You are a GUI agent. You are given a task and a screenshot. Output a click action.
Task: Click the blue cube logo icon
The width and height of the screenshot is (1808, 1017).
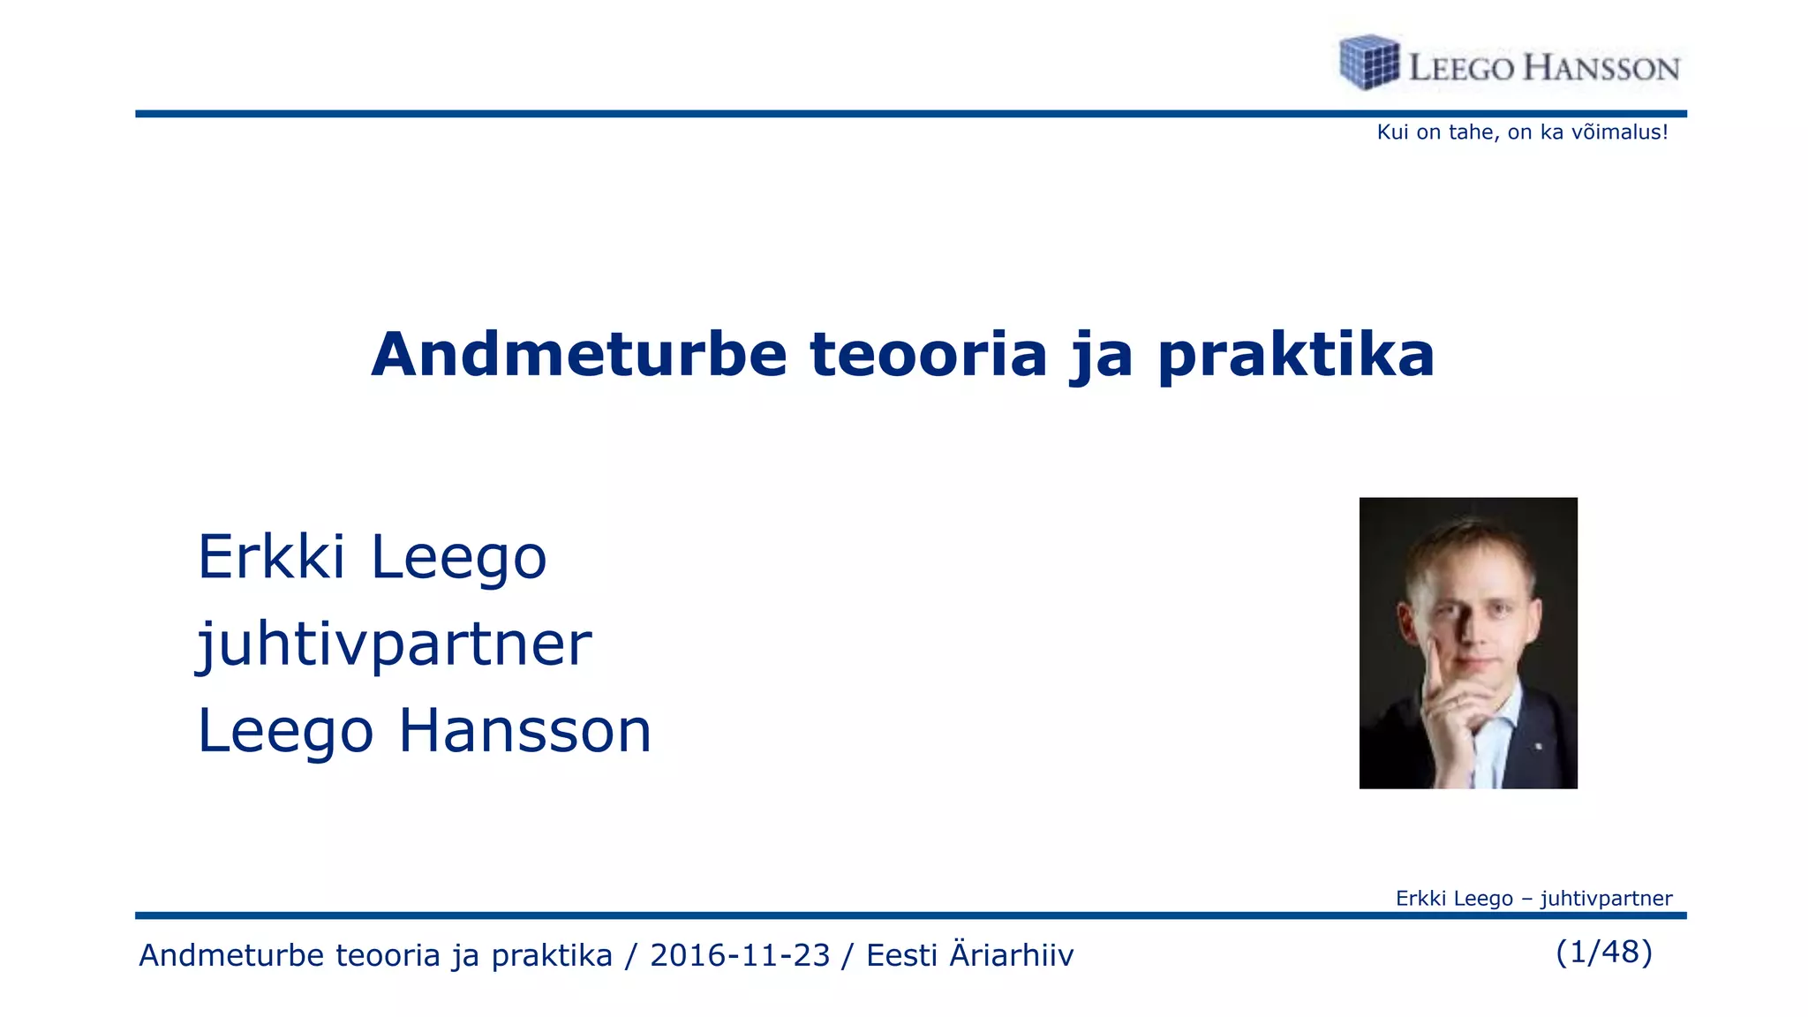(1369, 63)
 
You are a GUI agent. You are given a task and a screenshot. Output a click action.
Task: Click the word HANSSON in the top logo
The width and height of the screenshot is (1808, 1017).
(1601, 69)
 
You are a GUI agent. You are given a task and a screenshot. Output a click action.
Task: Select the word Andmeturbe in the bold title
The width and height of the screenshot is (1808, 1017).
(578, 355)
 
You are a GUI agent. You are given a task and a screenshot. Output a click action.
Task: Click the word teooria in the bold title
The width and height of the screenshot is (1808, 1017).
(928, 355)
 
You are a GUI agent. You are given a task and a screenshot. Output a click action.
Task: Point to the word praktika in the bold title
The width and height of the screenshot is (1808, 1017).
(1296, 355)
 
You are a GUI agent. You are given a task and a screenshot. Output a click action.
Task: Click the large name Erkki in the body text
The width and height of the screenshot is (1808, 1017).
(271, 558)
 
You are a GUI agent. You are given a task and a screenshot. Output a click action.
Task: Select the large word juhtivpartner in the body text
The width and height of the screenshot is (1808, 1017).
(394, 644)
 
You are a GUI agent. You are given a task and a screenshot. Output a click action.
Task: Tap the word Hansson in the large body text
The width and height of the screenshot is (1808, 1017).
(524, 731)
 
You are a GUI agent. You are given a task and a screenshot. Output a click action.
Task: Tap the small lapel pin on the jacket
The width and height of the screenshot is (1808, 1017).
(1539, 747)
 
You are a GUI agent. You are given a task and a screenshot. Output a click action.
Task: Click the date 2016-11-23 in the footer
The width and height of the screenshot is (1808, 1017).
(740, 955)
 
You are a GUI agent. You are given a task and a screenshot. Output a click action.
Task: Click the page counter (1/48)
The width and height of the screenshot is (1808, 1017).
(1604, 952)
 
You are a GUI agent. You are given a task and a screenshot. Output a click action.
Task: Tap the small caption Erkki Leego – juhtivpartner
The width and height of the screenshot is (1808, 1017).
(1533, 899)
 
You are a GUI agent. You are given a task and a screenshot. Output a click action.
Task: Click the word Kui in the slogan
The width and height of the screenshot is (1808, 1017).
(1392, 132)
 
